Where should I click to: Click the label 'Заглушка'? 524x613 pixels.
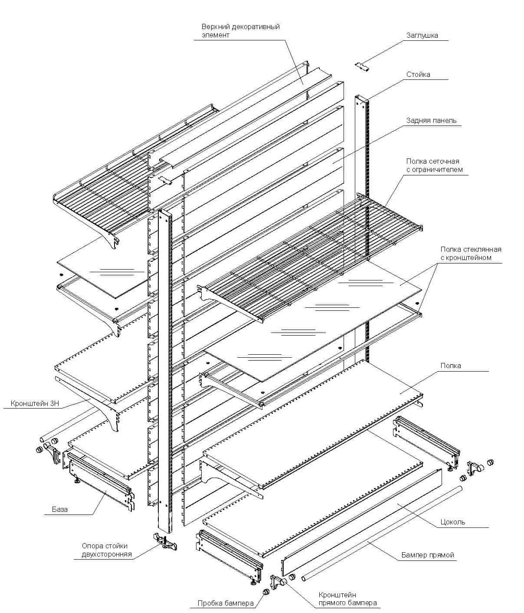coord(422,36)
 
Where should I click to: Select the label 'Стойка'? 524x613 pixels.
coord(418,75)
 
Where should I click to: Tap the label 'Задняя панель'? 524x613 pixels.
coord(431,120)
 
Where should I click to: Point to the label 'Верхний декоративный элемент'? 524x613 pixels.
coord(241,30)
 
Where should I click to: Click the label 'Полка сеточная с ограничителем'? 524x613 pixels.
coord(434,165)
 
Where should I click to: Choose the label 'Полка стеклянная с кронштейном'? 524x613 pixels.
coord(471,253)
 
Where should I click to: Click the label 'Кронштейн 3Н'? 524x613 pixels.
coord(35,403)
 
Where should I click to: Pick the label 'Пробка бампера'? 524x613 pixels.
coord(226,603)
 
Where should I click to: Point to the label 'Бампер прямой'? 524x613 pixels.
coord(428,555)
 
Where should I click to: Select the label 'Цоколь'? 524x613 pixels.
coord(452,522)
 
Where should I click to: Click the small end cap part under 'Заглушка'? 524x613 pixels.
coord(362,66)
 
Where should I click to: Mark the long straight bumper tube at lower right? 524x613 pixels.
coord(382,532)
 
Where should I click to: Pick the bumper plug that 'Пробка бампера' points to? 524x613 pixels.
coord(265,592)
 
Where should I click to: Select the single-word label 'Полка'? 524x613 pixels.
coord(451,366)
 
